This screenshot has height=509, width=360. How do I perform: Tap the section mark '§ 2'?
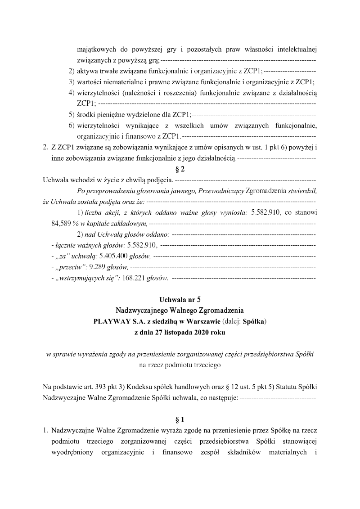[x=180, y=169]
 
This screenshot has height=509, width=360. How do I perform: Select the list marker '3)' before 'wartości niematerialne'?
[x=71, y=82]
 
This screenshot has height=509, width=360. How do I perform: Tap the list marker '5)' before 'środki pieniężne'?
[x=71, y=115]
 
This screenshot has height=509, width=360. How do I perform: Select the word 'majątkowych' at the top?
[x=96, y=49]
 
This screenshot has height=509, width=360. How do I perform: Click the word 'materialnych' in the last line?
[x=288, y=452]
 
